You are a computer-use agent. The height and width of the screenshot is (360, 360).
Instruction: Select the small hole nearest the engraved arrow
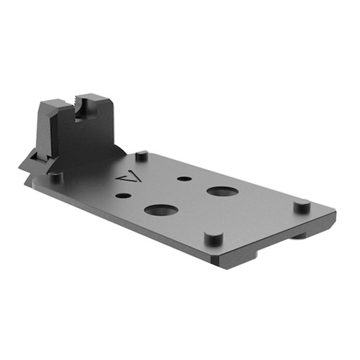click(124, 195)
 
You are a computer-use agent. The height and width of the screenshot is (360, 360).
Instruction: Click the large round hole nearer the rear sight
click(161, 210)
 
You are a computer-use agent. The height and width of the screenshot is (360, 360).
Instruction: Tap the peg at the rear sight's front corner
click(56, 175)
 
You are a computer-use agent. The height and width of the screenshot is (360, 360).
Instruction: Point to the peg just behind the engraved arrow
click(142, 155)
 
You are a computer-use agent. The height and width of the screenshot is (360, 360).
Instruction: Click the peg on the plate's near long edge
click(212, 237)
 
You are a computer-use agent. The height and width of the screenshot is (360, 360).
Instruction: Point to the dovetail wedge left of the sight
click(30, 160)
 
